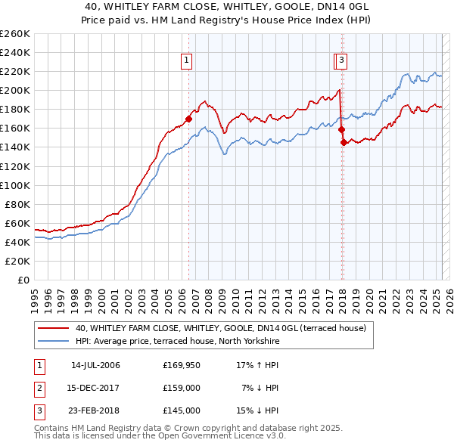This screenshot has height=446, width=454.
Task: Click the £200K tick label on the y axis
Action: pyautogui.click(x=14, y=91)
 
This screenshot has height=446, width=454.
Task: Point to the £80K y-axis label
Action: pyautogui.click(x=17, y=204)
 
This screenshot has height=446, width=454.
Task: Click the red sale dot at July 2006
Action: pyautogui.click(x=188, y=119)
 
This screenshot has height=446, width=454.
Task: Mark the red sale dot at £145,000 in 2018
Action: pyautogui.click(x=344, y=142)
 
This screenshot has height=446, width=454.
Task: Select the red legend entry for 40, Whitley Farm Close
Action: pyautogui.click(x=221, y=329)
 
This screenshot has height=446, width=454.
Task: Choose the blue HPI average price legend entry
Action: pyautogui.click(x=178, y=342)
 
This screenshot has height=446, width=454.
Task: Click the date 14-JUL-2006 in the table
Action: pyautogui.click(x=95, y=366)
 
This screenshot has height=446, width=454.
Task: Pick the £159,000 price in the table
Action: pyautogui.click(x=182, y=389)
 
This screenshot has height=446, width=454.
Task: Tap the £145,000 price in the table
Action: pyautogui.click(x=182, y=410)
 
